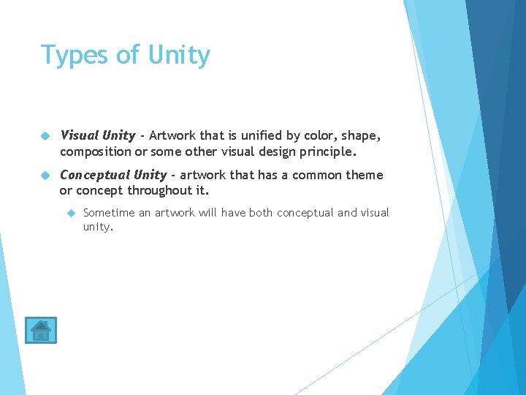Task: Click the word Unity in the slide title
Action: (179, 55)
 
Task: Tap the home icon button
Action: (40, 331)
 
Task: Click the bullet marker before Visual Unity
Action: (44, 136)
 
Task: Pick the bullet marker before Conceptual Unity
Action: (44, 176)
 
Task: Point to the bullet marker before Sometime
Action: (71, 213)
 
